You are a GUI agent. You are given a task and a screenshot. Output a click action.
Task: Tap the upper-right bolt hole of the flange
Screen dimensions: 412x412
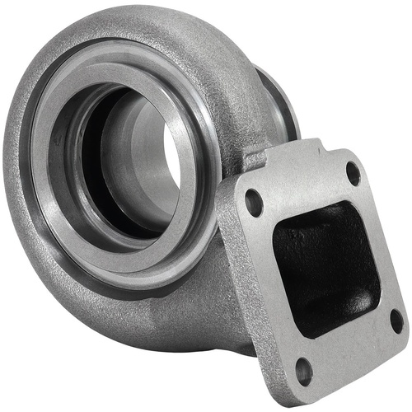tap(353, 175)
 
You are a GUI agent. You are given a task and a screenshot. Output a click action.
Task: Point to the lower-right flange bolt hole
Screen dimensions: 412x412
tap(396, 320)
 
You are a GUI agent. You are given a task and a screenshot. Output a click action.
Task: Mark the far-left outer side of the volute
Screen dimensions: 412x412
tap(16, 190)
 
